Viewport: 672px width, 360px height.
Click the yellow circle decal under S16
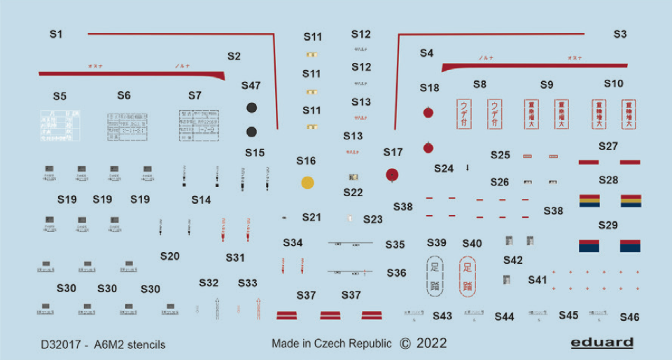307,184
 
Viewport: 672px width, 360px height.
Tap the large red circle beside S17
393,174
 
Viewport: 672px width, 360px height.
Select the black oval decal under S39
434,275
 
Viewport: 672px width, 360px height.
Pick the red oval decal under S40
468,275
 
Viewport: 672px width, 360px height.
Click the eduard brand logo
601,342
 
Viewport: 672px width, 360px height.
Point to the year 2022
430,344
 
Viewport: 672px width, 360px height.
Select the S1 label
57,34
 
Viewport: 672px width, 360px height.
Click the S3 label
620,34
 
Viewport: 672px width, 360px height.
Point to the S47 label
251,85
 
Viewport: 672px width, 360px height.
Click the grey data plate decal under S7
195,125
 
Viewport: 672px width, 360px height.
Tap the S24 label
444,169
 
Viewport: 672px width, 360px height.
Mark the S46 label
629,317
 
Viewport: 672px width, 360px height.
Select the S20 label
169,256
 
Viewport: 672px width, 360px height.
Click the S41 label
538,279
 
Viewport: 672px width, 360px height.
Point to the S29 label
608,225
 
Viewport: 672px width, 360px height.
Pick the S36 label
396,273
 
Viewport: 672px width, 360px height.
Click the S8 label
479,84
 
